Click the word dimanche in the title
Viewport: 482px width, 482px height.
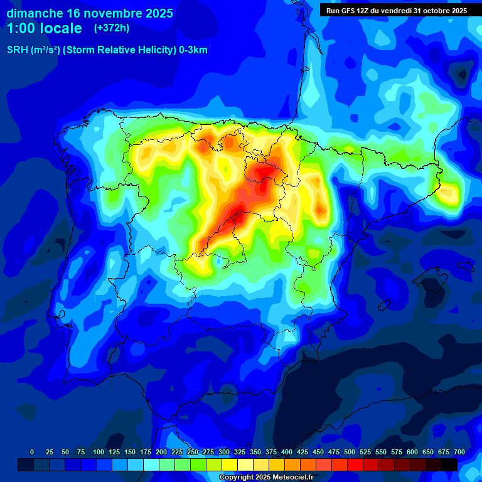pyautogui.click(x=34, y=13)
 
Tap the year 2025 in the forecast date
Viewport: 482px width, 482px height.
pyautogui.click(x=157, y=13)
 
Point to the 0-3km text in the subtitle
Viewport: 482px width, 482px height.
pyautogui.click(x=193, y=50)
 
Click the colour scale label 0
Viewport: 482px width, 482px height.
pyautogui.click(x=32, y=452)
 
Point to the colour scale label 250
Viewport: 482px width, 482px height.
pyautogui.click(x=193, y=452)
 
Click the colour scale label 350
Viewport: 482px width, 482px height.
pyautogui.click(x=255, y=452)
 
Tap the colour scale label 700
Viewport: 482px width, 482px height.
pyautogui.click(x=459, y=452)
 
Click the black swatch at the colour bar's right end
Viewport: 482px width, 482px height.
pyautogui.click(x=449, y=464)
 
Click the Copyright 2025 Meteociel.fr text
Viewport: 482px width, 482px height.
pyautogui.click(x=266, y=477)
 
